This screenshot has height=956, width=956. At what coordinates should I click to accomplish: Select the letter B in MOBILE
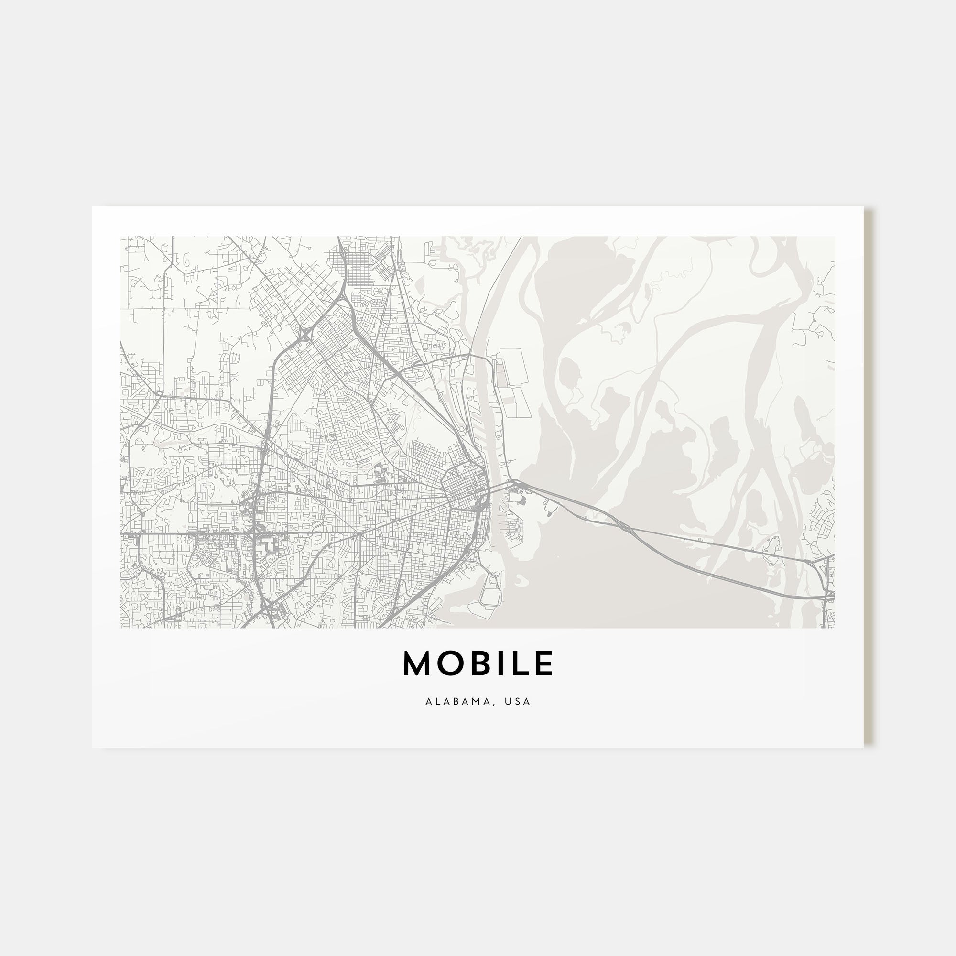point(478,663)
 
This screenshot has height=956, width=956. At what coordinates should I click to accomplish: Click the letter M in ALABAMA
point(478,702)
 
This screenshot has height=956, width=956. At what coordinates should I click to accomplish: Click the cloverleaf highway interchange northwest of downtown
point(304,336)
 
